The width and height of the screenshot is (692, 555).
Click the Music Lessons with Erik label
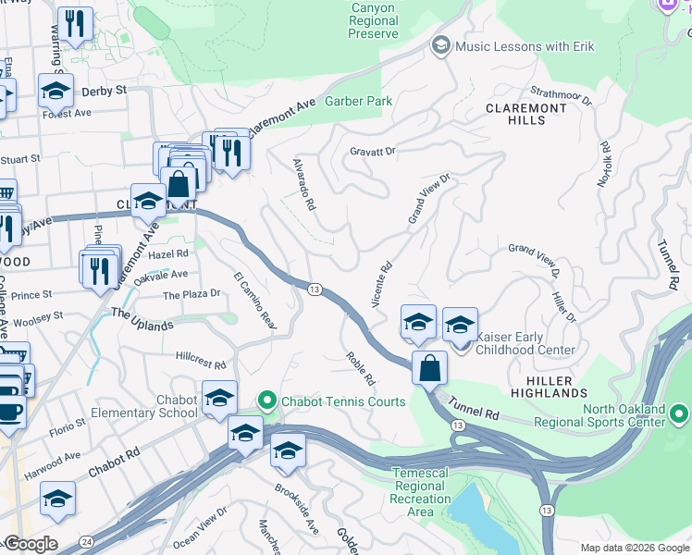[525, 46]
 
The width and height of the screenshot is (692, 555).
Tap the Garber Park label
[358, 101]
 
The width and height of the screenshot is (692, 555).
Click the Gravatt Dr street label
[372, 151]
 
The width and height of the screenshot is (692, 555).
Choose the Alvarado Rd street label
[304, 182]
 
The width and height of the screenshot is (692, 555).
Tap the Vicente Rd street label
[381, 284]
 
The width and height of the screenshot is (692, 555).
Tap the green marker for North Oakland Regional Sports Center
[680, 412]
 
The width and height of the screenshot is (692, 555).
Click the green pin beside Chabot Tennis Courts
[267, 401]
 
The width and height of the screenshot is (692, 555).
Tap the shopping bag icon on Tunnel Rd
[430, 367]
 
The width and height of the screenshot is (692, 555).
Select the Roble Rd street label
[361, 368]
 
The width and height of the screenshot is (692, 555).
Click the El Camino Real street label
[255, 302]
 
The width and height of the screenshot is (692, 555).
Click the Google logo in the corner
[31, 544]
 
